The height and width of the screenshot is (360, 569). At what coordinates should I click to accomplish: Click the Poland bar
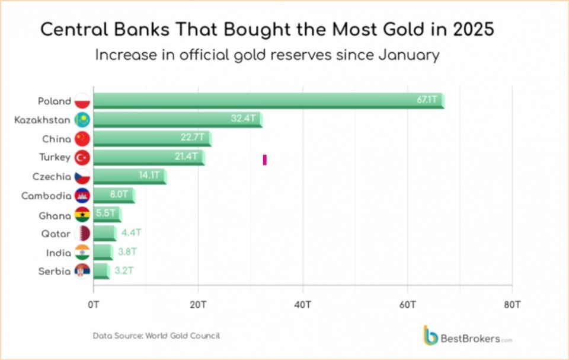[x=267, y=101]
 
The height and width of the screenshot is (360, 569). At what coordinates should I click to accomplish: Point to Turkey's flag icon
[x=82, y=158]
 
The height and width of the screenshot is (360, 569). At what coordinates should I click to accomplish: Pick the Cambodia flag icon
[x=82, y=196]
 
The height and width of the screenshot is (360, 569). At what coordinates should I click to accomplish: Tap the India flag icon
[x=82, y=253]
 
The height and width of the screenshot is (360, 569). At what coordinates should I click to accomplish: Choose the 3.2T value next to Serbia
[x=123, y=271]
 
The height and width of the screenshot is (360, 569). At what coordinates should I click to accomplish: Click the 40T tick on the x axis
[x=303, y=305]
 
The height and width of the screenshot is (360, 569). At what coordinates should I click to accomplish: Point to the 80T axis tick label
[x=512, y=305]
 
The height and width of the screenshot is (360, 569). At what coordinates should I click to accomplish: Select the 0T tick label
[x=94, y=305]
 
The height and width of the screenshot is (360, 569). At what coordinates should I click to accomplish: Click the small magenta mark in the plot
[x=265, y=159]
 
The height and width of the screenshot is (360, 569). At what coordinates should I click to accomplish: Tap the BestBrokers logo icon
[x=430, y=334]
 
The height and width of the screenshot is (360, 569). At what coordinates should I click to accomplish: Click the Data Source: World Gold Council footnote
[x=156, y=336]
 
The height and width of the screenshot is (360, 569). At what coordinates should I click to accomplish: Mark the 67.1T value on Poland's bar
[x=427, y=100]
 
